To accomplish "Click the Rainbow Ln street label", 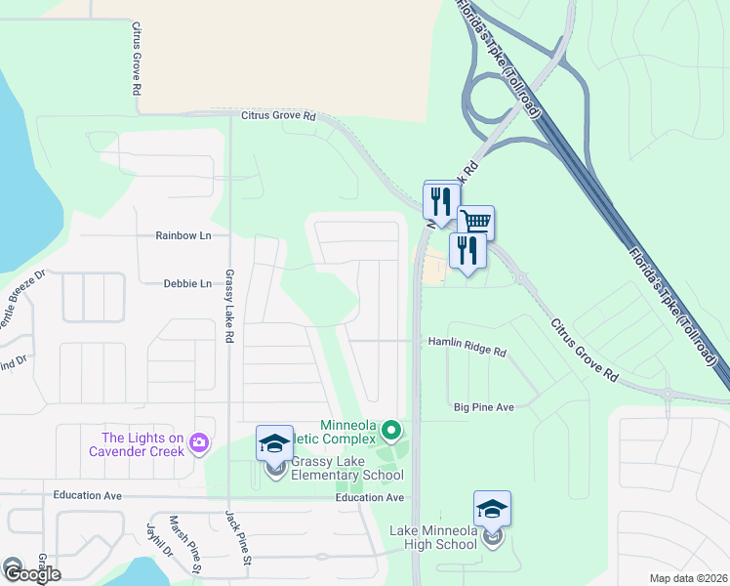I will click(183, 236).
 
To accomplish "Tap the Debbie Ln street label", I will click(187, 284).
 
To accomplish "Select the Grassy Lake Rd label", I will click(229, 306).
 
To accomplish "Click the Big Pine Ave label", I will click(484, 406).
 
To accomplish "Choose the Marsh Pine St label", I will click(184, 545).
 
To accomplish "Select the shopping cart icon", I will click(475, 222).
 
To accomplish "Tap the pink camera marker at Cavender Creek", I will click(201, 443).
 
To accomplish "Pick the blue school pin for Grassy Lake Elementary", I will click(274, 444).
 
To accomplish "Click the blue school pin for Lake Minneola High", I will click(492, 509).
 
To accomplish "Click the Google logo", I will click(31, 574).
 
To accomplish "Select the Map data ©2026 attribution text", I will click(689, 578).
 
